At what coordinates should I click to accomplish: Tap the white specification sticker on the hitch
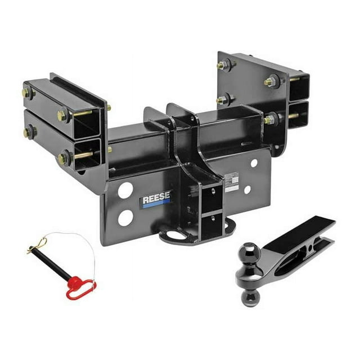click(x=231, y=182)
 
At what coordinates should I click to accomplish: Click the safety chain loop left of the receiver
click(x=169, y=235)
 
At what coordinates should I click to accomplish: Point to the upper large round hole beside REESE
click(x=126, y=191)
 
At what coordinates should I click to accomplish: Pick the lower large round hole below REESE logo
click(x=125, y=218)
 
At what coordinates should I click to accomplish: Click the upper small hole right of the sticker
click(x=254, y=163)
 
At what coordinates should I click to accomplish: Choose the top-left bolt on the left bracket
click(x=28, y=92)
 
